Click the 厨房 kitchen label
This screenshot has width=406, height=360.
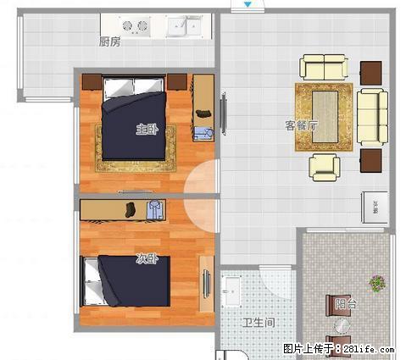pos(109,42)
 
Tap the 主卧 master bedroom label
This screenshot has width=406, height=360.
pos(147,130)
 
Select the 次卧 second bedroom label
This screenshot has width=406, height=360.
pos(147,258)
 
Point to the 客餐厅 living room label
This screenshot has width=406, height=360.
pos(301,125)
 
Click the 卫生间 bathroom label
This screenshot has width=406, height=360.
pos(259,322)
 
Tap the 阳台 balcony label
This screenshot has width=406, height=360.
pos(346,304)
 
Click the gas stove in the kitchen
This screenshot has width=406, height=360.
pos(135,26)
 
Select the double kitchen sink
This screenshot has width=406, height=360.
pos(185,26)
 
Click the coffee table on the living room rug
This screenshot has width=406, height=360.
pos(325,117)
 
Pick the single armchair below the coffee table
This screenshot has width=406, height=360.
pos(325,168)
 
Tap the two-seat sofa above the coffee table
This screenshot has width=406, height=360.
pos(324,67)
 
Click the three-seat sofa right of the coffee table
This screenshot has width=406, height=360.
pos(372,117)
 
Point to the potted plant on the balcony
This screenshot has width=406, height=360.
pos(377,282)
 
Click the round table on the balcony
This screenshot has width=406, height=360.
pos(342,326)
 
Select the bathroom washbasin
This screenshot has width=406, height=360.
pos(231,291)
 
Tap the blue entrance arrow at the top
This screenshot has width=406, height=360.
pos(247,4)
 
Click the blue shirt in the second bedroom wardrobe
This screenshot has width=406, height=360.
pos(155,209)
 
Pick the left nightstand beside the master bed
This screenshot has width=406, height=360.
pos(92,82)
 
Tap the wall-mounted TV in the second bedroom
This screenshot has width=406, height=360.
pos(207,284)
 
